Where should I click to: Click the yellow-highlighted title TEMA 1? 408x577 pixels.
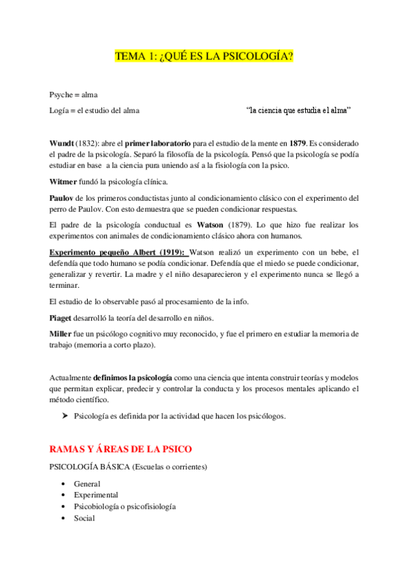click(x=204, y=56)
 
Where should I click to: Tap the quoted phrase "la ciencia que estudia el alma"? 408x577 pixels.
click(x=299, y=110)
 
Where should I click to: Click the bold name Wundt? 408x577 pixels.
click(x=63, y=144)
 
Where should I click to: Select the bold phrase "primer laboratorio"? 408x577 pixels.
click(x=154, y=144)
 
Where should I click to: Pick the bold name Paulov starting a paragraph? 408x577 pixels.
click(x=63, y=199)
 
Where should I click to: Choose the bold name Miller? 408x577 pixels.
click(x=61, y=334)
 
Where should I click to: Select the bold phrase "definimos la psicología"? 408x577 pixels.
click(x=133, y=377)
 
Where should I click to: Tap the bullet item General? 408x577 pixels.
click(x=87, y=484)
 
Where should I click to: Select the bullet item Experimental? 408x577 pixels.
click(x=96, y=495)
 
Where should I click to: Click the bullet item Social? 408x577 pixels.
click(x=84, y=518)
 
